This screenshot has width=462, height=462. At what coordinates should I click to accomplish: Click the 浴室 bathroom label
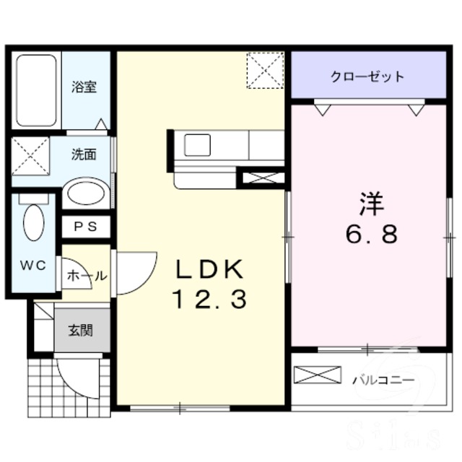point(84,87)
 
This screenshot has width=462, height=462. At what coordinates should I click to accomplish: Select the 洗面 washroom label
point(83,154)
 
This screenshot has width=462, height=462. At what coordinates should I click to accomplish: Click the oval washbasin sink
point(85,194)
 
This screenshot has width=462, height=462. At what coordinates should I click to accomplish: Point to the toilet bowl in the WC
point(33,222)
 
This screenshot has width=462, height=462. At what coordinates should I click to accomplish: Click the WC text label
point(32,265)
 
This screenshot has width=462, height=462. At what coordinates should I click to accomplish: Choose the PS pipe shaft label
point(85,227)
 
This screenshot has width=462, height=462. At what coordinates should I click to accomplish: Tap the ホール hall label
point(87,275)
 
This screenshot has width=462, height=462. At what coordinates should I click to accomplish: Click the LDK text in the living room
point(209,269)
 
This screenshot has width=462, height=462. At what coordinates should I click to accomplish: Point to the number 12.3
point(209,299)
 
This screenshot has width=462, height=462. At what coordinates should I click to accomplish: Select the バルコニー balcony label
point(383,379)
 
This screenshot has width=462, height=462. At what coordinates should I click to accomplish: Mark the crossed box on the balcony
point(318,375)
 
